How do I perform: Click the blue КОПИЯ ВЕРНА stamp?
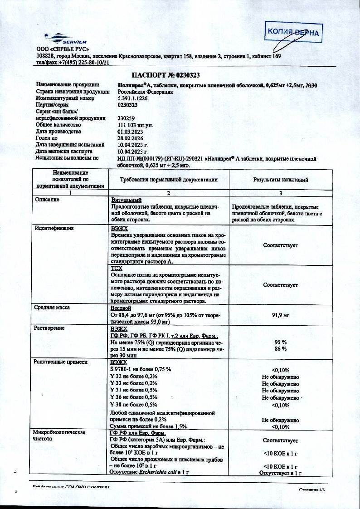293,32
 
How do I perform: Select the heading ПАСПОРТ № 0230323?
166,75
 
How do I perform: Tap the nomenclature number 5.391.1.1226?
134,98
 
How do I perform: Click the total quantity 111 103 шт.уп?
136,125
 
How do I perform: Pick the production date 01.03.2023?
130,132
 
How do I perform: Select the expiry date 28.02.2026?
130,138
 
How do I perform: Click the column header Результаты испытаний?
280,180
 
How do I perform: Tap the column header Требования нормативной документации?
169,180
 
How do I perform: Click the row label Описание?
47,200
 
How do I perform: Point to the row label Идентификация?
54,228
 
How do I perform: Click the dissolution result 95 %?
281,342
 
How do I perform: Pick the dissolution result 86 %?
281,349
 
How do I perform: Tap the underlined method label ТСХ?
117,269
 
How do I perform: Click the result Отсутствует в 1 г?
280,473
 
